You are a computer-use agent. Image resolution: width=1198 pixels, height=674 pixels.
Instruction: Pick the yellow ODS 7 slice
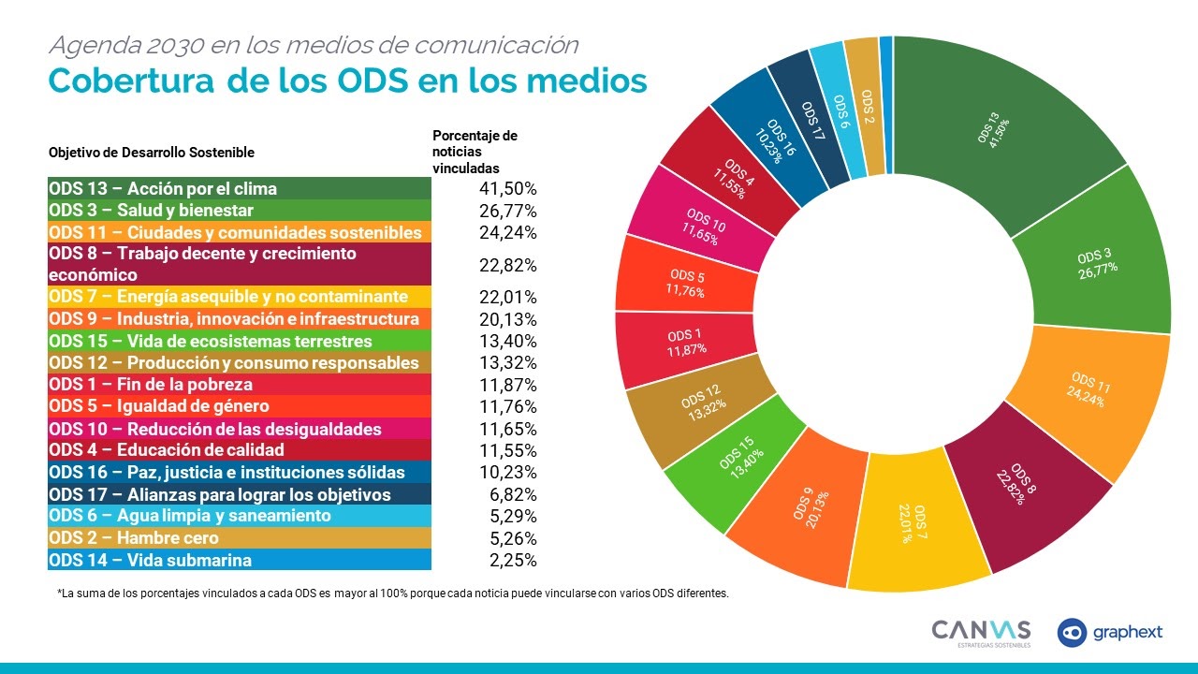click(921, 529)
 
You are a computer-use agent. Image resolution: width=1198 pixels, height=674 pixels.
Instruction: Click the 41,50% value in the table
click(506, 188)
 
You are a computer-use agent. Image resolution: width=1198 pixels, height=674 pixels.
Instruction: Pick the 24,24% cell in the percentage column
click(506, 232)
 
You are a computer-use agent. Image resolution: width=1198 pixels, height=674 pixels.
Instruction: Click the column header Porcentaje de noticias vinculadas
click(475, 152)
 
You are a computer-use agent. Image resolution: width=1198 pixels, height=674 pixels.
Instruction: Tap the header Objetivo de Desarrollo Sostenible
click(151, 152)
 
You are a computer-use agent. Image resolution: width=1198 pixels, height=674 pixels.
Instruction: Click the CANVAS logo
click(981, 632)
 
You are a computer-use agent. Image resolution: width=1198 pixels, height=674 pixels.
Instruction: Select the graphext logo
click(1111, 633)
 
